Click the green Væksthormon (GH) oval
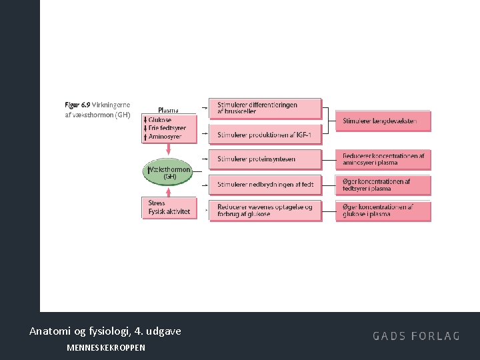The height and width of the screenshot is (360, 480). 169,173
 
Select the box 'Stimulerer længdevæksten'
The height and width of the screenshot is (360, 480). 383,121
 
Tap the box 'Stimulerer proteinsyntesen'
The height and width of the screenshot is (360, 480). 265,159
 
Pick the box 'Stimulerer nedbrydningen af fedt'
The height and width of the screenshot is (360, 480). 265,184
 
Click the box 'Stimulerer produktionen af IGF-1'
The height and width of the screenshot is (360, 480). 265,135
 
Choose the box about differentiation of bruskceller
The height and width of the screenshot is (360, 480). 265,108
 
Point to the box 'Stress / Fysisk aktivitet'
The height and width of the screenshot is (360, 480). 169,207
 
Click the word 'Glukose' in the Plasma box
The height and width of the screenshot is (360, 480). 160,120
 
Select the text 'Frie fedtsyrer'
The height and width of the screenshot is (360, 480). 167,128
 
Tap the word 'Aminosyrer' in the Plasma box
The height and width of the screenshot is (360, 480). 165,136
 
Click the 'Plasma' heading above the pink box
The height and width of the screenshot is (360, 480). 168,110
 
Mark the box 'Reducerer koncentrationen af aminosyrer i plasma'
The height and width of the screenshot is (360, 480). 383,159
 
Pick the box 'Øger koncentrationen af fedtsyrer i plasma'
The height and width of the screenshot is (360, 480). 383,185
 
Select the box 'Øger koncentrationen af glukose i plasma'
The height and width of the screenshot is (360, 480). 383,211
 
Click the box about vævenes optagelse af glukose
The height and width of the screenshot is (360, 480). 265,211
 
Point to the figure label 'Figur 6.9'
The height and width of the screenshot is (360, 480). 77,105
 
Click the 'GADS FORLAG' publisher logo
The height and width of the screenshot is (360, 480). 416,336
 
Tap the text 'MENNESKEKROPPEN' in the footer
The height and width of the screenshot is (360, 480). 106,347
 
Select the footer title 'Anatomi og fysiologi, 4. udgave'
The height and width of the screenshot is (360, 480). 105,331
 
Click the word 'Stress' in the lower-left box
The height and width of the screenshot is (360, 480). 157,203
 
